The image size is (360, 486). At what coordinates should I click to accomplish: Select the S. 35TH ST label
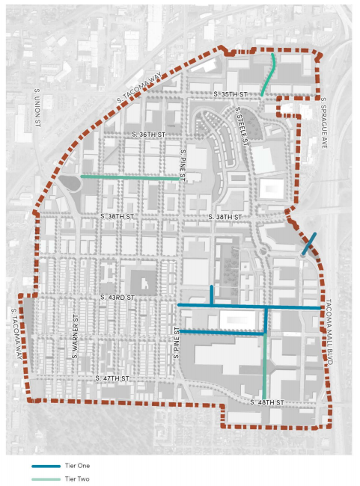[x=229, y=94]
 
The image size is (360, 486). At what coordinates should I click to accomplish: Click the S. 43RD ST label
[x=117, y=298]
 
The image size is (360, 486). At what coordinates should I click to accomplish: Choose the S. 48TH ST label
[x=267, y=402]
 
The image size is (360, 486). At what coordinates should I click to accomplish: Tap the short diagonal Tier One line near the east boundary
[x=308, y=244]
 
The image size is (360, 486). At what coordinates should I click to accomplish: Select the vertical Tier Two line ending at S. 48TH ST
[x=265, y=359]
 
